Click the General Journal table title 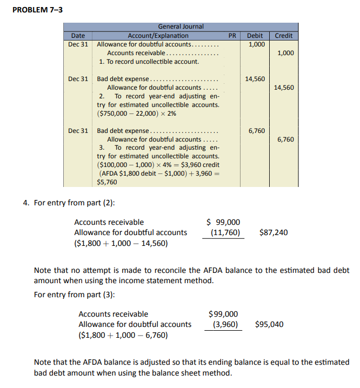click(x=181, y=26)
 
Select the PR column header click(x=232, y=36)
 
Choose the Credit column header click(x=284, y=36)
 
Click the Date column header click(x=78, y=36)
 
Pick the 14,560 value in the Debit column click(x=255, y=79)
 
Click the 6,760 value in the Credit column click(x=285, y=139)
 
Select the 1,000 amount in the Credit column click(x=285, y=53)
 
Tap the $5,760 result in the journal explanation click(x=107, y=183)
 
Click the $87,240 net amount click(x=274, y=233)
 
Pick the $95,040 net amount click(x=269, y=325)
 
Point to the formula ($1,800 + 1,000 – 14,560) click(x=121, y=243)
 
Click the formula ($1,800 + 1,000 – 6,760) click(x=123, y=335)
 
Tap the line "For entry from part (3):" click(x=74, y=295)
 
